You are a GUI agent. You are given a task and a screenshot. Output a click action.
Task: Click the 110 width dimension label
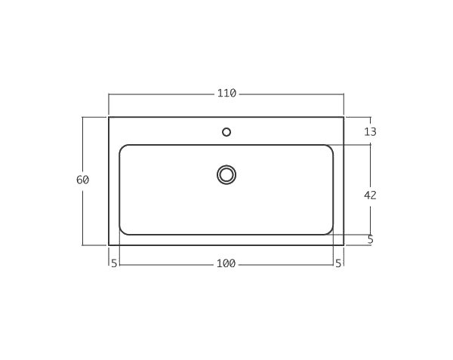pyautogui.click(x=226, y=94)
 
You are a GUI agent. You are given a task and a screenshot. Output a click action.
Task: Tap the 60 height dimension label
pyautogui.click(x=83, y=180)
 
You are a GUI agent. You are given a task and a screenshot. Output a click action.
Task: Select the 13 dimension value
pyautogui.click(x=370, y=131)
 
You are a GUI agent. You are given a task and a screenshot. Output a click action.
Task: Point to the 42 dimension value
pyautogui.click(x=370, y=195)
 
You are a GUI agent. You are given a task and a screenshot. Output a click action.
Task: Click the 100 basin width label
pyautogui.click(x=226, y=263)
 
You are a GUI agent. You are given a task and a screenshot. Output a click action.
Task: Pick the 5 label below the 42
pyautogui.click(x=371, y=239)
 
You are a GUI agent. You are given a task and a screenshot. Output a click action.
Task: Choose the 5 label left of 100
pyautogui.click(x=114, y=263)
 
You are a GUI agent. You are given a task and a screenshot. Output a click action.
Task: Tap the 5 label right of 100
pyautogui.click(x=338, y=263)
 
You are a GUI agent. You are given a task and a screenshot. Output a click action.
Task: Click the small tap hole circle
pyautogui.click(x=226, y=132)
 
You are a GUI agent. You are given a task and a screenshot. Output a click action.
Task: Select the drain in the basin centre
pyautogui.click(x=226, y=174)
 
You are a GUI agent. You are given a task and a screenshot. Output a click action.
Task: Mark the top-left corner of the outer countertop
pyautogui.click(x=109, y=117)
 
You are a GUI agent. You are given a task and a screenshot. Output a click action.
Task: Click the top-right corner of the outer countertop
pyautogui.click(x=344, y=117)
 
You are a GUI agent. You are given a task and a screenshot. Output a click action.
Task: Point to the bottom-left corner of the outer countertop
pyautogui.click(x=109, y=245)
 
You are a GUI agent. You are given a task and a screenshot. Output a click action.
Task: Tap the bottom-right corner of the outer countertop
pyautogui.click(x=344, y=245)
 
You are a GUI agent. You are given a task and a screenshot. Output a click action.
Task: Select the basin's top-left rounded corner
pyautogui.click(x=122, y=147)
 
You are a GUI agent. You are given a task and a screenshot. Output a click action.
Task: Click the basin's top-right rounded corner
pyautogui.click(x=330, y=147)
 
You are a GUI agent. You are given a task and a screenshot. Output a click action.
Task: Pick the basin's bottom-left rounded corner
pyautogui.click(x=122, y=232)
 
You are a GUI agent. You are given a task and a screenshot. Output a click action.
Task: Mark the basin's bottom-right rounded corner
pyautogui.click(x=330, y=232)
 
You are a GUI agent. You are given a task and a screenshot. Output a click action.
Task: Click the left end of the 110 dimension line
pyautogui.click(x=109, y=94)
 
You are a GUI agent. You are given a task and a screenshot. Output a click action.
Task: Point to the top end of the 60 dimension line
pyautogui.click(x=83, y=117)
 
